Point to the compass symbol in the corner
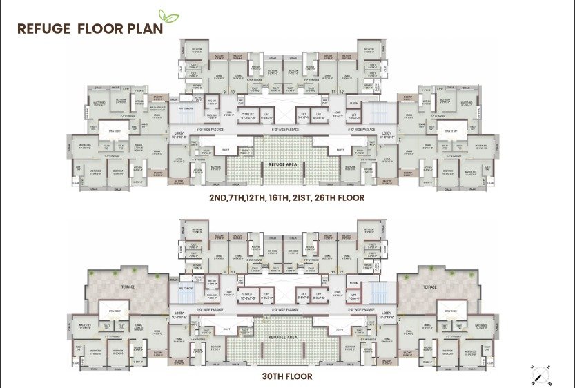coord(540,373)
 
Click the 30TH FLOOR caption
coord(286,376)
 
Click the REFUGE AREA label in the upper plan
coord(286,164)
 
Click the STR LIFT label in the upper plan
coord(247,115)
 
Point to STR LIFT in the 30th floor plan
coord(247,295)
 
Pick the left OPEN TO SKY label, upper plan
coord(113,130)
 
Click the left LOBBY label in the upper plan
coord(179,135)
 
